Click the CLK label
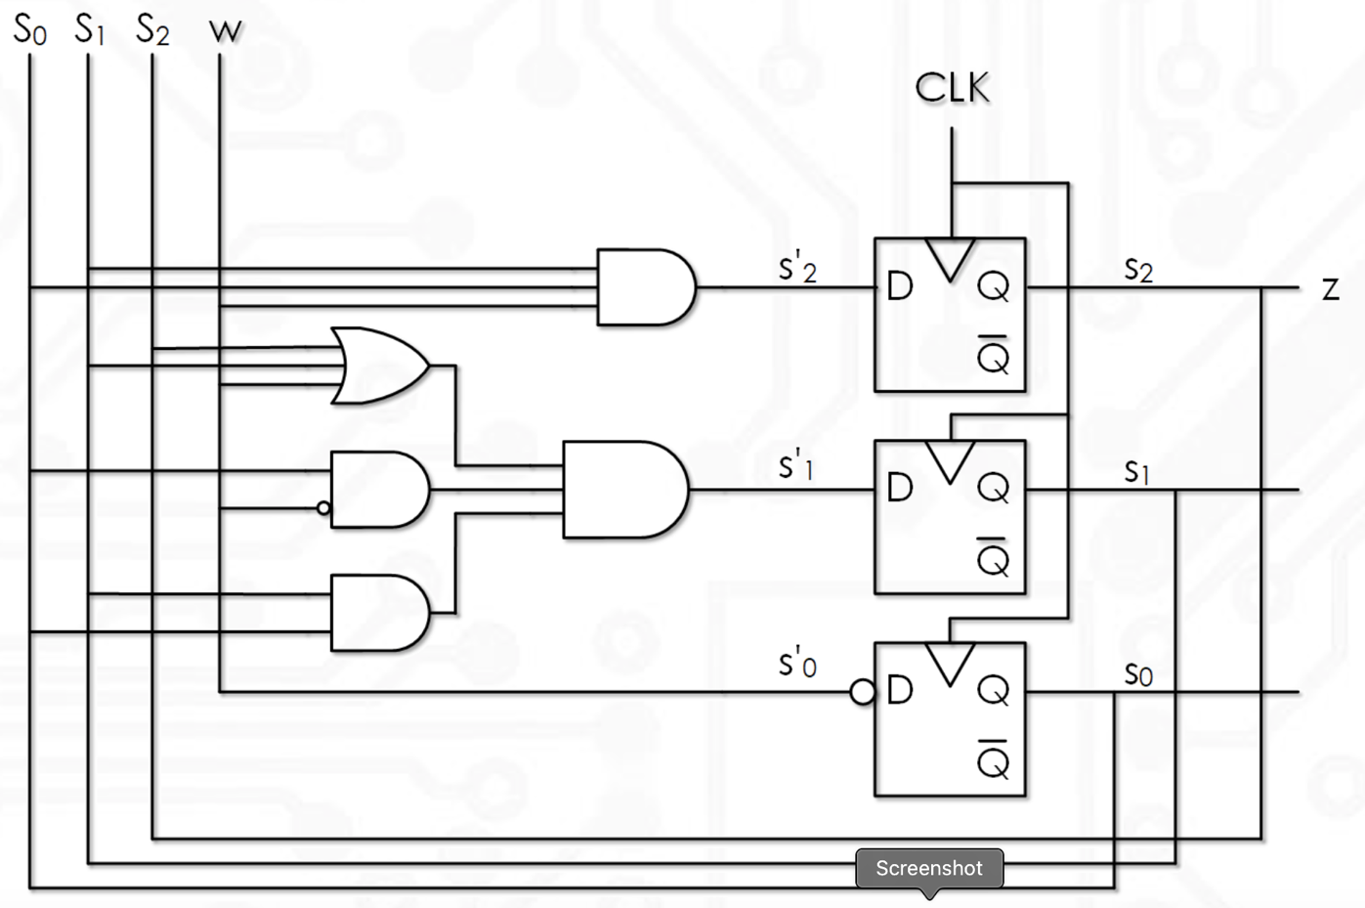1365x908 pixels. click(952, 89)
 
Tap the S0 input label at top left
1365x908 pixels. click(29, 30)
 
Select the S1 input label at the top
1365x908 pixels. click(89, 30)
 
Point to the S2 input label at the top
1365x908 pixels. click(152, 30)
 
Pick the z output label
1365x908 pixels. click(1330, 289)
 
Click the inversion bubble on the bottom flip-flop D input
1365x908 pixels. click(862, 692)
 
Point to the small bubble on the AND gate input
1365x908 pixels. click(323, 508)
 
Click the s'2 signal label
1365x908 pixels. click(797, 268)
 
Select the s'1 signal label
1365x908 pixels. click(796, 466)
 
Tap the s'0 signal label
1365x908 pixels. click(797, 664)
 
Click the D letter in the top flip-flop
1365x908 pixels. click(899, 286)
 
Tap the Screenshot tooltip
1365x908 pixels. click(929, 868)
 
